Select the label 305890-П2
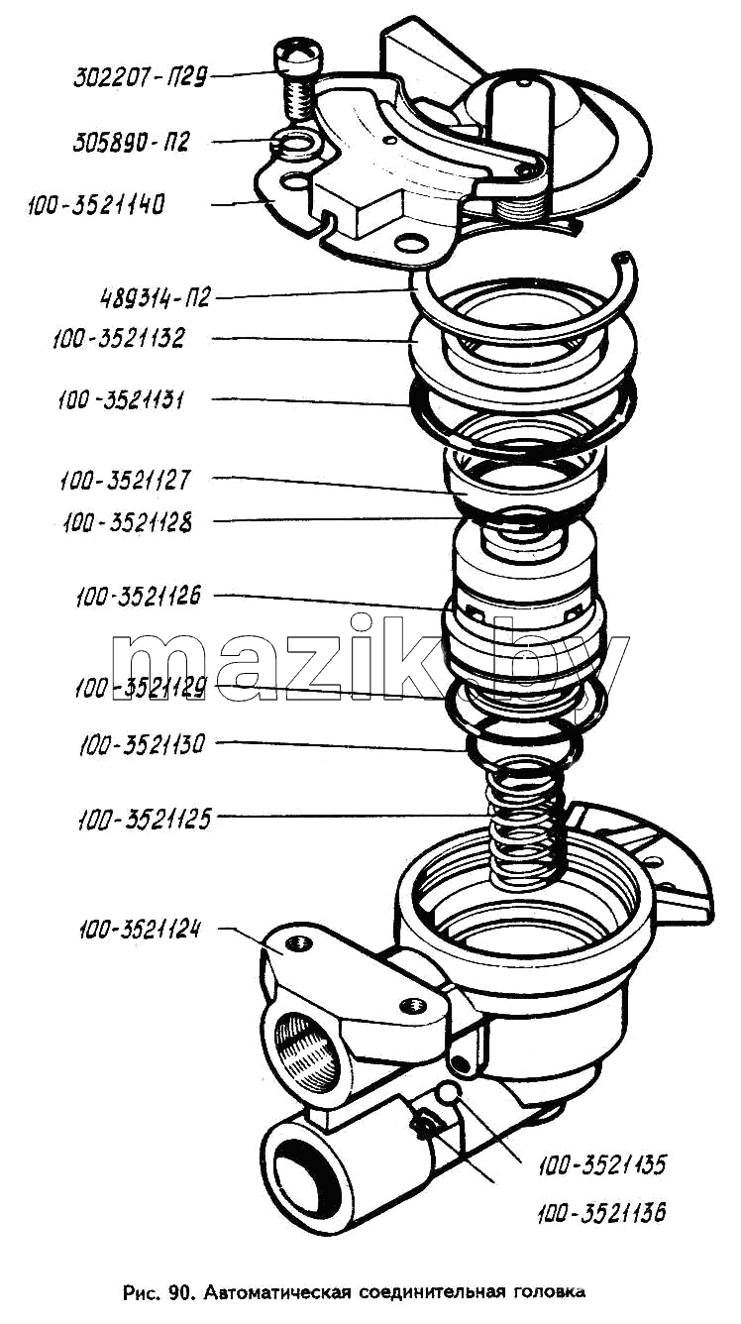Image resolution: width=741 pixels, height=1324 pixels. coord(131,143)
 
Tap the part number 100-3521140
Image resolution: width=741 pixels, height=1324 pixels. coord(96,205)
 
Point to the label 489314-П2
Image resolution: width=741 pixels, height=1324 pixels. coord(155,297)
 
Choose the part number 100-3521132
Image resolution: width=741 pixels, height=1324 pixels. coord(118,338)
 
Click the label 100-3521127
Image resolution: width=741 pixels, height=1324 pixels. coord(125,481)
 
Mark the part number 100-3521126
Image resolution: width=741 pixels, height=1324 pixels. coord(139,597)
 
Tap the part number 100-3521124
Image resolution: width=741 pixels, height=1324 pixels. coord(140,930)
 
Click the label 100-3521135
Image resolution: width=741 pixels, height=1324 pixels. coord(602,1164)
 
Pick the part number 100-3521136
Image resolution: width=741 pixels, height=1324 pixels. coord(601,1213)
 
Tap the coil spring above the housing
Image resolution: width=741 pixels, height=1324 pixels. coord(526,827)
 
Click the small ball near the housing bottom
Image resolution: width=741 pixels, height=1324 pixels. coord(448,1093)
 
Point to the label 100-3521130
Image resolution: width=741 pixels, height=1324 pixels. coord(141,745)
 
